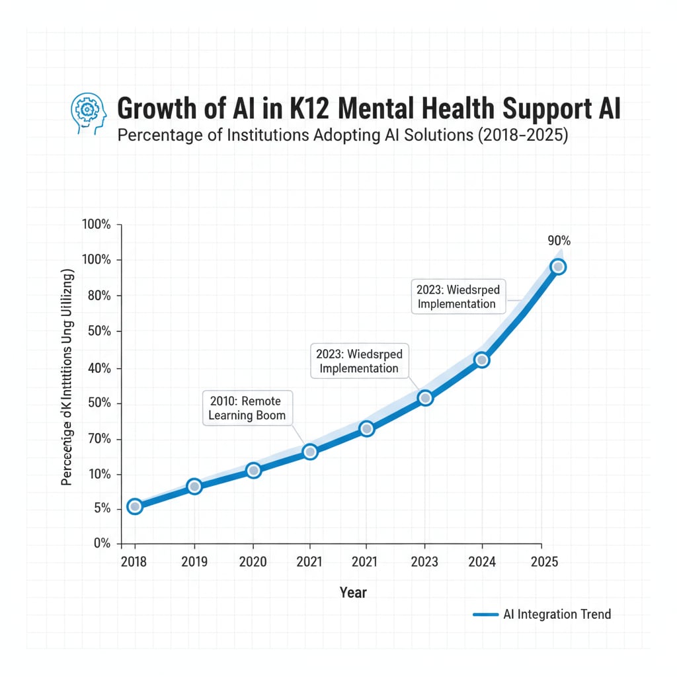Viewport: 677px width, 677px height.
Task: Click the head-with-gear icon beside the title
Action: pyautogui.click(x=88, y=112)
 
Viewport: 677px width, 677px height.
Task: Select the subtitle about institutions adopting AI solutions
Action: pyautogui.click(x=342, y=136)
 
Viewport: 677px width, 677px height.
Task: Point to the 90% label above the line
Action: pyautogui.click(x=559, y=241)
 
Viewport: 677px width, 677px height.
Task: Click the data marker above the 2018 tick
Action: pyautogui.click(x=135, y=506)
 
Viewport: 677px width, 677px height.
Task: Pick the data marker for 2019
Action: pyautogui.click(x=194, y=487)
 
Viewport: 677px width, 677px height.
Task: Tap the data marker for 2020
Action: pyautogui.click(x=253, y=470)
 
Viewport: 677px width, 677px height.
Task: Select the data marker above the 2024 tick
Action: pyautogui.click(x=482, y=360)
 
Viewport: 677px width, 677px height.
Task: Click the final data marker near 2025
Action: pyautogui.click(x=558, y=267)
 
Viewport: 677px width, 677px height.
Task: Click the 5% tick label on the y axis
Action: pyautogui.click(x=102, y=508)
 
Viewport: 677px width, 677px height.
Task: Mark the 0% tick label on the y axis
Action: pyautogui.click(x=101, y=543)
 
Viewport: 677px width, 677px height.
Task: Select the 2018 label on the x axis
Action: pyautogui.click(x=135, y=562)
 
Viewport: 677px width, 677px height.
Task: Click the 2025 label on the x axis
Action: pyautogui.click(x=543, y=562)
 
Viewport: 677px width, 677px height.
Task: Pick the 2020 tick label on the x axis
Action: pyautogui.click(x=253, y=562)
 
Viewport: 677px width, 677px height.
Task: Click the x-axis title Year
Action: pyautogui.click(x=353, y=592)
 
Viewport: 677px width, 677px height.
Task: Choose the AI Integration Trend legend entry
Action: pyautogui.click(x=542, y=614)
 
